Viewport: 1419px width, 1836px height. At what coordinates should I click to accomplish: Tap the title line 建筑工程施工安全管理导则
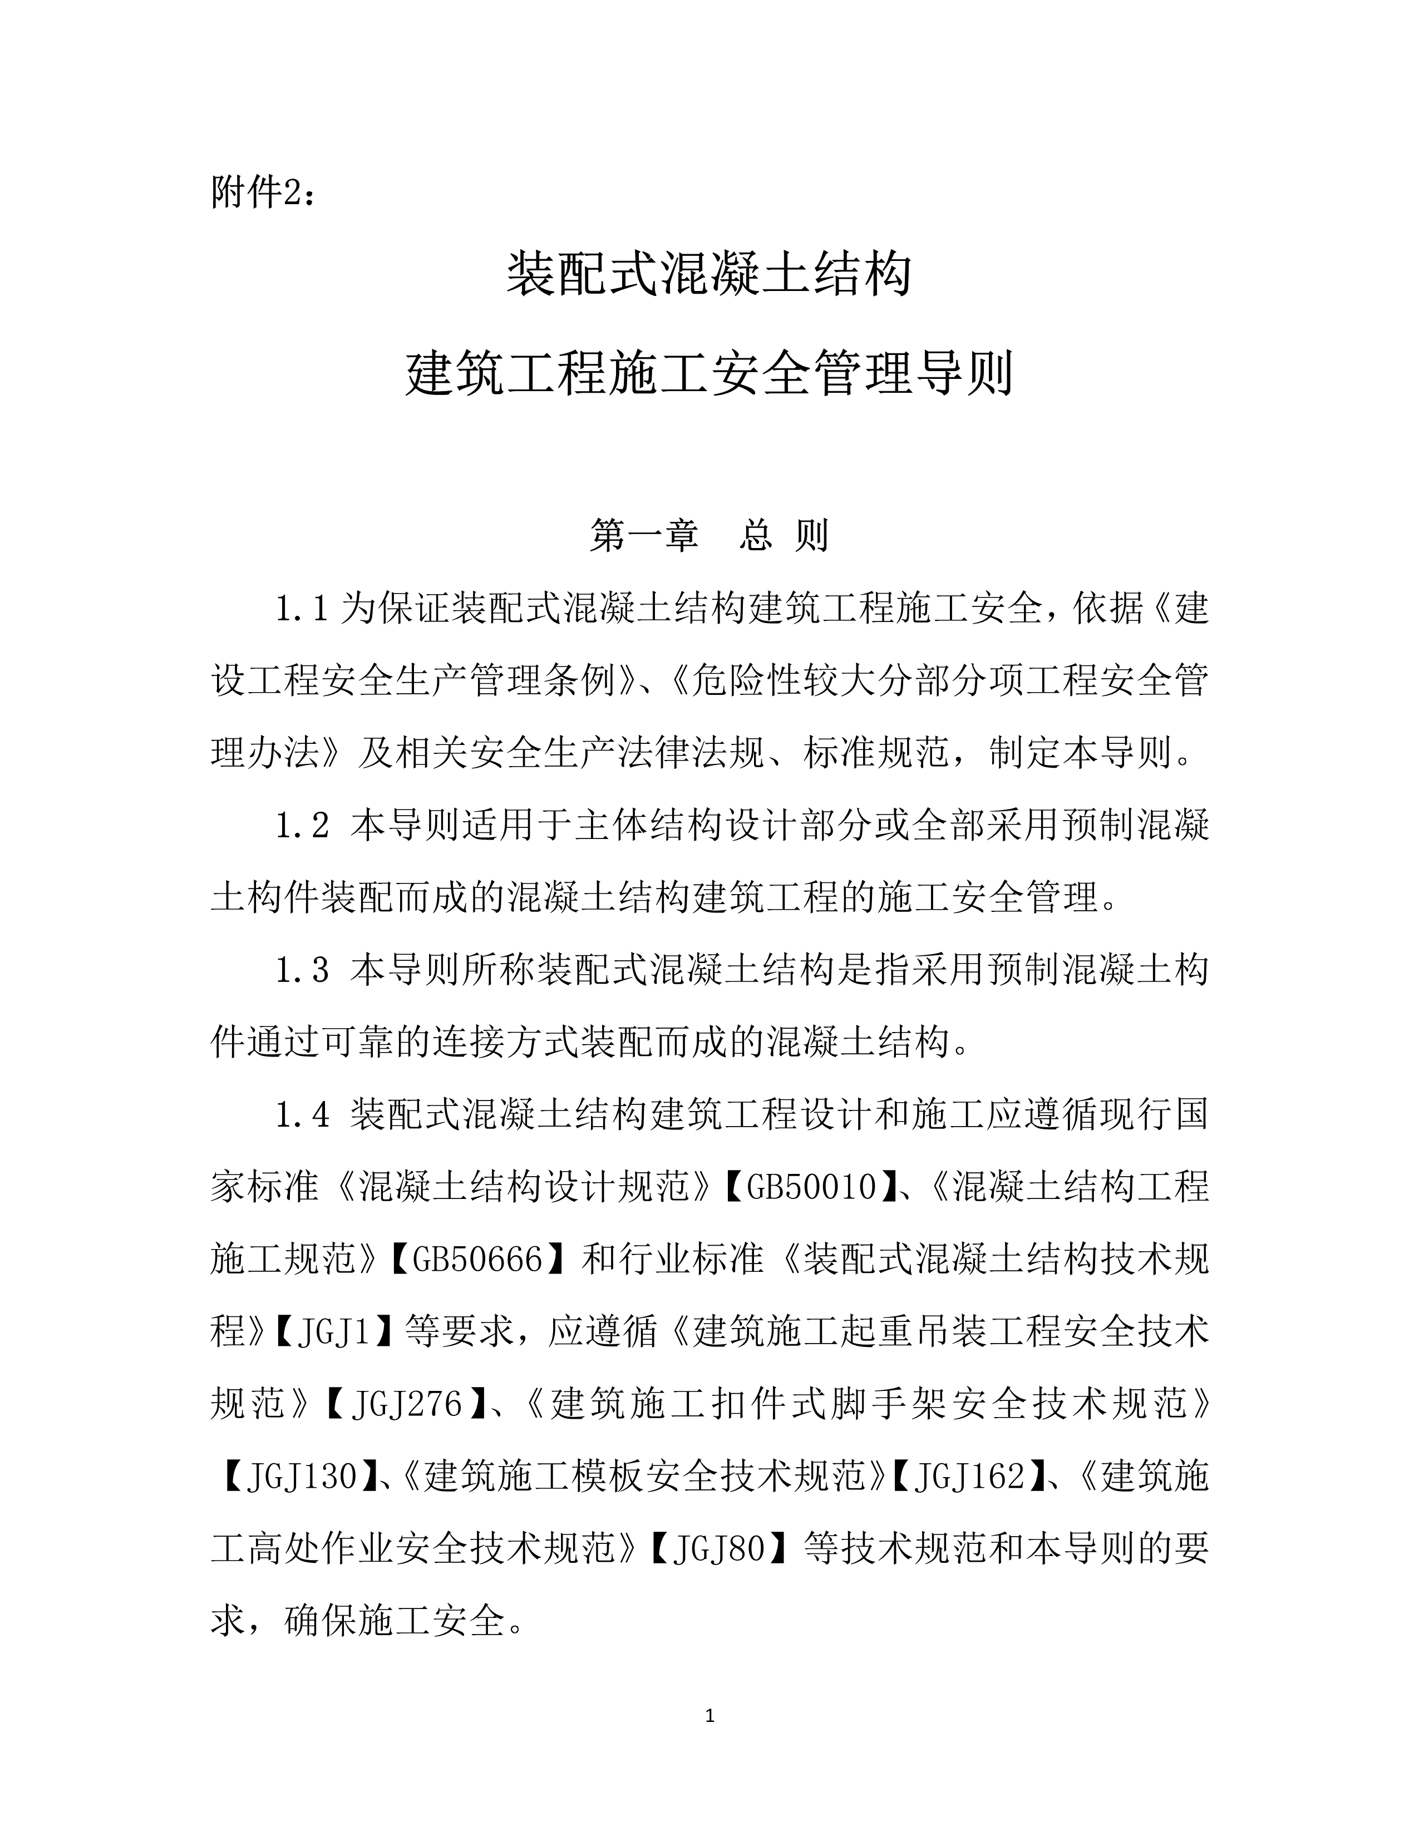click(x=708, y=373)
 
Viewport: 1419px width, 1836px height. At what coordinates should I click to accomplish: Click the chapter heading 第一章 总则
click(x=708, y=535)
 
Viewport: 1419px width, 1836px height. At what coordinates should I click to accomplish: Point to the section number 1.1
click(x=301, y=608)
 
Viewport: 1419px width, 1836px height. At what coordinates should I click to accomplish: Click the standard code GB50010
click(x=811, y=1188)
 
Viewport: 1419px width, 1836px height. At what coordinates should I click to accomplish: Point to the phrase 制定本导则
click(x=1080, y=753)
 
